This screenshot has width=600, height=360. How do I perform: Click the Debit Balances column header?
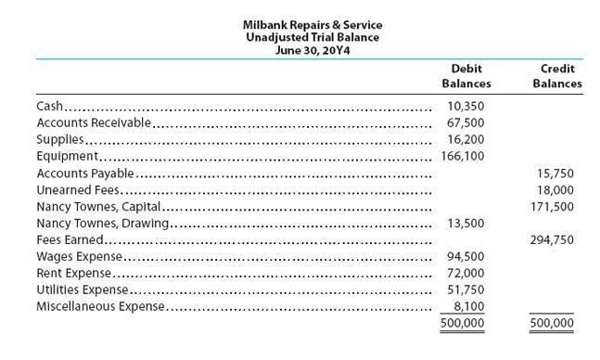point(466,76)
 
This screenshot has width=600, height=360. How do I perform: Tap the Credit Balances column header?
point(557,76)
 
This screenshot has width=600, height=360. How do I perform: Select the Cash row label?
point(49,106)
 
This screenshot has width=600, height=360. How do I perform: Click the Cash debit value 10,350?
point(466,106)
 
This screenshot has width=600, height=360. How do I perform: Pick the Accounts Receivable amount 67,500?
point(466,122)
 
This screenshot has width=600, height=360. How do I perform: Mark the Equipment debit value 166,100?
point(462,156)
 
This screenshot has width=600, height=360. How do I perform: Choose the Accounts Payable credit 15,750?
point(555,173)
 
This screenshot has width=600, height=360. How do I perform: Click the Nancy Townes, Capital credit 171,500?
point(553,206)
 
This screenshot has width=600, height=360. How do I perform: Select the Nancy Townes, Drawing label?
point(102,223)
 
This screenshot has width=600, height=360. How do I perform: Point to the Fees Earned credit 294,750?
point(553,239)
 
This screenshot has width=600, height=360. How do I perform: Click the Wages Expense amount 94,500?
point(466,256)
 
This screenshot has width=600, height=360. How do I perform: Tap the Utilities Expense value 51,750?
point(466,289)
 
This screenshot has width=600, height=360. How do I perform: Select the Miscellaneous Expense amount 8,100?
point(468,306)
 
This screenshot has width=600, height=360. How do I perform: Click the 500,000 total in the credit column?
point(553,324)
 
